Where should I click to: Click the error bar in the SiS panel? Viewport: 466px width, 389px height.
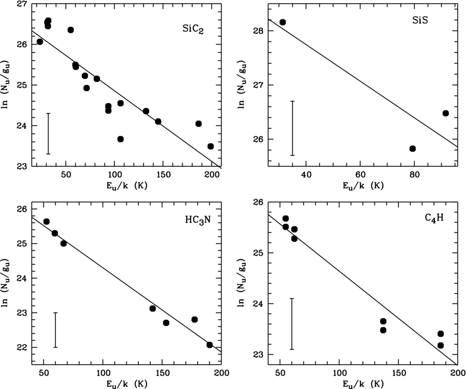coord(292,128)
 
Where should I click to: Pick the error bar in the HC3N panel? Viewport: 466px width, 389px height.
coord(55,330)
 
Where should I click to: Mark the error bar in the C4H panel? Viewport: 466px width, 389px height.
coord(292,324)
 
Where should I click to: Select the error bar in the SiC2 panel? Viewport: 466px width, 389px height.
coord(49,134)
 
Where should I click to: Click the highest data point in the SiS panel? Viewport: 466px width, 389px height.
coord(282,23)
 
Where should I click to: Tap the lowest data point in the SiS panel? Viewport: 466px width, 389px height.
coord(412,149)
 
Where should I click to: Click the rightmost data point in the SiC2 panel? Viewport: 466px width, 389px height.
coord(211,146)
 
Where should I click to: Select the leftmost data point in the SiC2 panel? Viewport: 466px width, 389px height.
coord(40,42)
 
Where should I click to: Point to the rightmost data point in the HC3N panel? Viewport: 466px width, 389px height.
coord(210,345)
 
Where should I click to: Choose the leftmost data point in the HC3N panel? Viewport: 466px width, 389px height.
coord(46,222)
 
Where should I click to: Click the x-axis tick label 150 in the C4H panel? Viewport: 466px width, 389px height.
coord(398,373)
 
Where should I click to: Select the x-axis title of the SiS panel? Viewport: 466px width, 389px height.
coord(363,186)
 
